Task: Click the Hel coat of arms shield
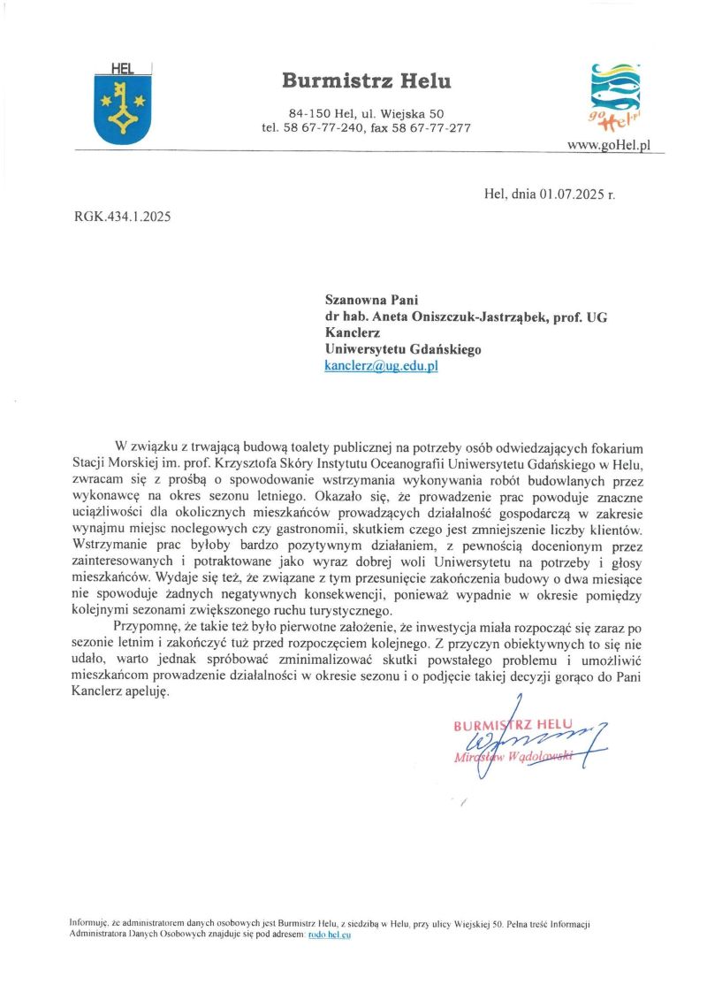(x=122, y=105)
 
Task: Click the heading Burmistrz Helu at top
(x=367, y=81)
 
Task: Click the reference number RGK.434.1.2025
(x=123, y=217)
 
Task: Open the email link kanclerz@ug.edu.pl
(x=382, y=365)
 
